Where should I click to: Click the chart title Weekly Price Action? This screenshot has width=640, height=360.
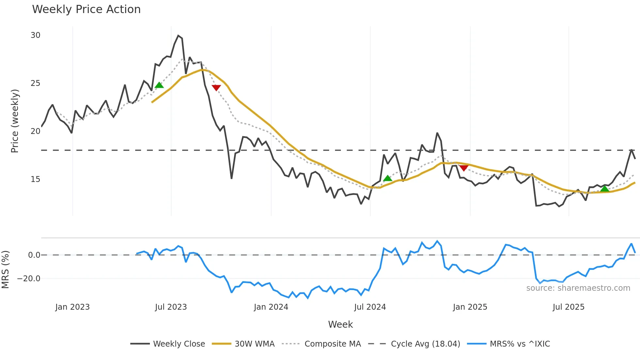coord(86,9)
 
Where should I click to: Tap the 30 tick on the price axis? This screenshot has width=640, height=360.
coord(35,35)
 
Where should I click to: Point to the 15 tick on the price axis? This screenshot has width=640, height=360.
coord(35,179)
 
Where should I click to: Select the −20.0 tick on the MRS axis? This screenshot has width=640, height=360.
coord(29,279)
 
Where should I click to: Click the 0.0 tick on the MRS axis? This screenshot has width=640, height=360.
coord(34,255)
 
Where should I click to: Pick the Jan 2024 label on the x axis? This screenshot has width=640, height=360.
coord(271,307)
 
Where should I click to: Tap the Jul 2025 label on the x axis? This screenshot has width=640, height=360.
coord(568,307)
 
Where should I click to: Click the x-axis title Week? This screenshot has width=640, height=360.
coord(340,324)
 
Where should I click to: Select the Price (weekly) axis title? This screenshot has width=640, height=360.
coord(15,121)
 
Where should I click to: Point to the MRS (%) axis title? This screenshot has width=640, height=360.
coord(5,270)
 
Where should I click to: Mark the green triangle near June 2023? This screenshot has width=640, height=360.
coord(159,85)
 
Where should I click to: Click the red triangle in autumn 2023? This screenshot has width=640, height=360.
coord(216,88)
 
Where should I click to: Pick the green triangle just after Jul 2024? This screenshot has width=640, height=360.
coord(387,178)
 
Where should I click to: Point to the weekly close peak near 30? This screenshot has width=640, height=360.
coord(178,35)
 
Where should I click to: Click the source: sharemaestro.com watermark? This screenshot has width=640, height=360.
coord(578,288)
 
